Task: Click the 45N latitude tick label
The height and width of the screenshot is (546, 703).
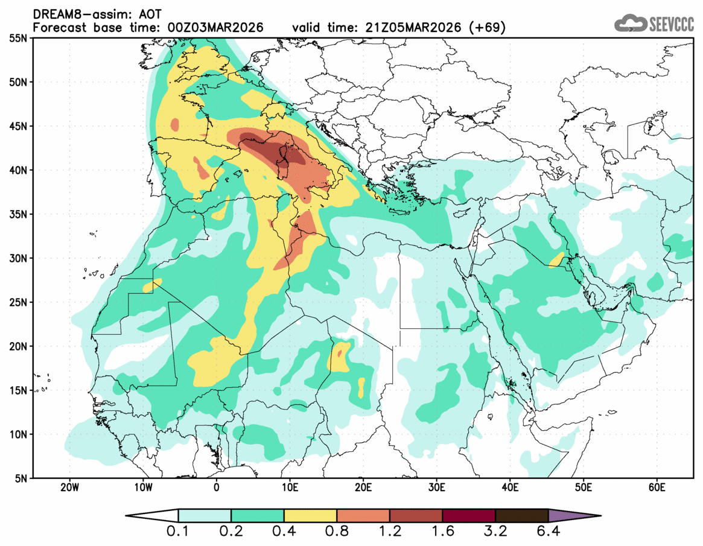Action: [17, 126]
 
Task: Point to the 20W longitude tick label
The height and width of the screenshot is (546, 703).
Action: [69, 487]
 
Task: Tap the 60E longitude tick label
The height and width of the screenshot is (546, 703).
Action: [657, 487]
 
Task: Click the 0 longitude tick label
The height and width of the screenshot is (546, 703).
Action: [217, 487]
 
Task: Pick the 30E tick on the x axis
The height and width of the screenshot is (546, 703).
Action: [436, 487]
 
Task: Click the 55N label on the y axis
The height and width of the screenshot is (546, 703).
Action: [17, 39]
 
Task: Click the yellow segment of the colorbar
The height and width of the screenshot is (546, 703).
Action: [310, 516]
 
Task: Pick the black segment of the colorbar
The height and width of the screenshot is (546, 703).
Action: [521, 516]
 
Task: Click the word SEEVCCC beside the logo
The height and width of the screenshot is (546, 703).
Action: [672, 24]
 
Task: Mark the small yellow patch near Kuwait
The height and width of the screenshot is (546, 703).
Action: [556, 260]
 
